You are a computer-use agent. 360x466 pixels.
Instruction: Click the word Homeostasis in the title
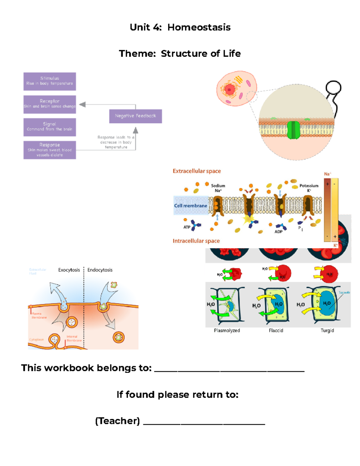point(199,27)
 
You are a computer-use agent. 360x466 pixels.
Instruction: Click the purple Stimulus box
point(49,81)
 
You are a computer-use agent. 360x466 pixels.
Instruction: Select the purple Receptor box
point(49,104)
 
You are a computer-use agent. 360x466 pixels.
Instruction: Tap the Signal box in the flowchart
point(49,127)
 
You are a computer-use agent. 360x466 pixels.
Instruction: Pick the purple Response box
point(49,150)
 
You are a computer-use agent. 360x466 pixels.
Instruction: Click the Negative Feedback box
point(135,116)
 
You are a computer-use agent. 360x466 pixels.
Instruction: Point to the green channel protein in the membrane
point(293,130)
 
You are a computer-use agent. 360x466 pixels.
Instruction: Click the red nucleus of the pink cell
point(230,89)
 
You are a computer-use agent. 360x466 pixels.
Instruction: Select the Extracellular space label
point(196,171)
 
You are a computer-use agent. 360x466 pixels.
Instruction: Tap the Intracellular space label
point(196,241)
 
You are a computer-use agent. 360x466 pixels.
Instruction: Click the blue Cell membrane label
point(190,206)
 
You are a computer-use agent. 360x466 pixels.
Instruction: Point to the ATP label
point(187,227)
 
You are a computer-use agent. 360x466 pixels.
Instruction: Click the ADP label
point(278,232)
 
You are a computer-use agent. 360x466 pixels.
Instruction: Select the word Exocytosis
point(69,270)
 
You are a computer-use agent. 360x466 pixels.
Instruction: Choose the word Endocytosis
point(100,270)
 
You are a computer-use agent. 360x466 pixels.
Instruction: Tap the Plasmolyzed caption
point(227,330)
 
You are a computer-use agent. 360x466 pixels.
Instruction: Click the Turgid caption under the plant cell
point(327,330)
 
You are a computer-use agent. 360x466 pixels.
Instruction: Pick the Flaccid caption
point(276,330)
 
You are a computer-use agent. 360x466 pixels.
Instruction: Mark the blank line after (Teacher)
point(204,423)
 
